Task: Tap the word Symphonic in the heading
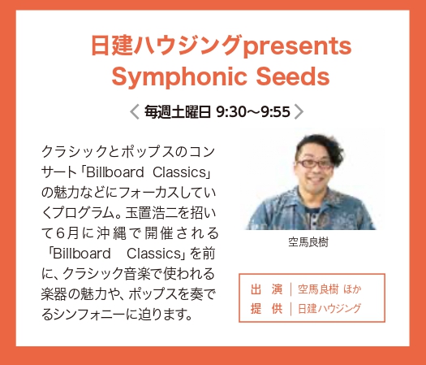(x=179, y=77)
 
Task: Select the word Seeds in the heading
(x=293, y=76)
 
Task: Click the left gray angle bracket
(x=135, y=111)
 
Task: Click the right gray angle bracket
(x=299, y=111)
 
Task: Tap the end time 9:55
(x=276, y=111)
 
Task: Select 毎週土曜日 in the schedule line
(x=178, y=111)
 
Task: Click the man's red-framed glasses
(x=314, y=163)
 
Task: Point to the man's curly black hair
(x=323, y=146)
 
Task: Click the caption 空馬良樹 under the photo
(x=308, y=242)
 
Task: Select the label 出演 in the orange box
(x=266, y=289)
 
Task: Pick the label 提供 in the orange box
(x=266, y=309)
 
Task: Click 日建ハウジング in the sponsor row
(x=329, y=309)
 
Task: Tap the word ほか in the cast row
(x=352, y=289)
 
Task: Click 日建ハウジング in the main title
(x=166, y=46)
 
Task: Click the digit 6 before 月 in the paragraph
(x=60, y=233)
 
